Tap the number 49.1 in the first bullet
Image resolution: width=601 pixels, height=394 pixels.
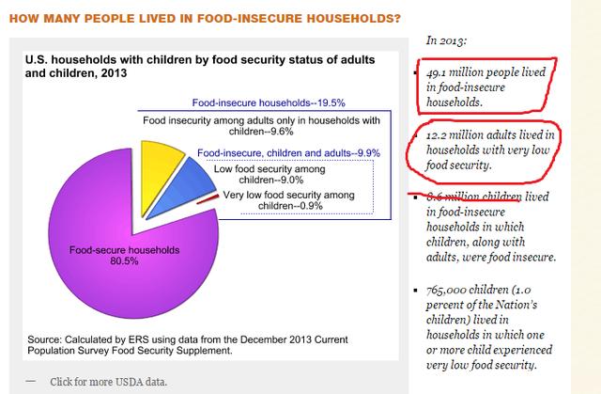436,71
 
